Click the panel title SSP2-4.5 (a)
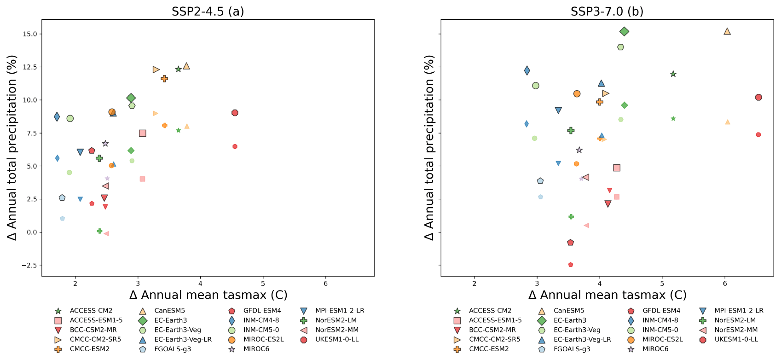pos(208,11)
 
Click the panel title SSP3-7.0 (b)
pos(607,11)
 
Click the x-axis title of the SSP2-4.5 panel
pos(208,295)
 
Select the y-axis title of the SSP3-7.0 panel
pos(429,147)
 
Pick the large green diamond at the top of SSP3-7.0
pos(624,31)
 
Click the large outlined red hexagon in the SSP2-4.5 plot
pos(235,113)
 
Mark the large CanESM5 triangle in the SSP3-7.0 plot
pos(727,31)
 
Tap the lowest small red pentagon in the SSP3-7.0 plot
pos(571,265)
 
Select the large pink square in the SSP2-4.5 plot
pos(142,133)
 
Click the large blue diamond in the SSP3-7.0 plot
pos(527,70)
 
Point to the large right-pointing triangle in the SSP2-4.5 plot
pos(156,70)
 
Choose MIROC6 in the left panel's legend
pos(256,349)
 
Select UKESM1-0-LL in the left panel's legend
pos(337,339)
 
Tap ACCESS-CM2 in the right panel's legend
pos(490,311)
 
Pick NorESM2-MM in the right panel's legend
pos(736,330)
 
